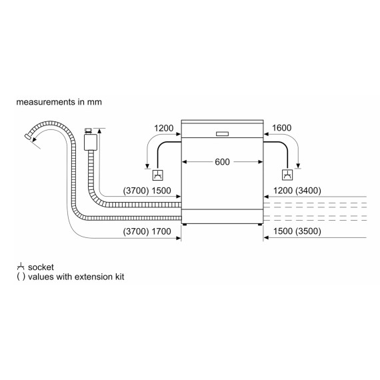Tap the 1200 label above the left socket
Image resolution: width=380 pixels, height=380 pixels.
point(164,128)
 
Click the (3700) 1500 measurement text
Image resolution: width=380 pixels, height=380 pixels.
point(147,191)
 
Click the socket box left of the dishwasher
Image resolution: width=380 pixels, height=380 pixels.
point(157,176)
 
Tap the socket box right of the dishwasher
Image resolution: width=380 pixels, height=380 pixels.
point(287,176)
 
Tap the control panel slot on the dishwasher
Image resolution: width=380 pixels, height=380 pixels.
point(222,133)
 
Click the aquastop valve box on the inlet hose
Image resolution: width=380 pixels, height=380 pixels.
point(90,140)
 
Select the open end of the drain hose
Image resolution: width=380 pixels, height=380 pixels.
point(28,137)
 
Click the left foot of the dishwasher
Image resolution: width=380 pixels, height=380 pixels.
point(185,225)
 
